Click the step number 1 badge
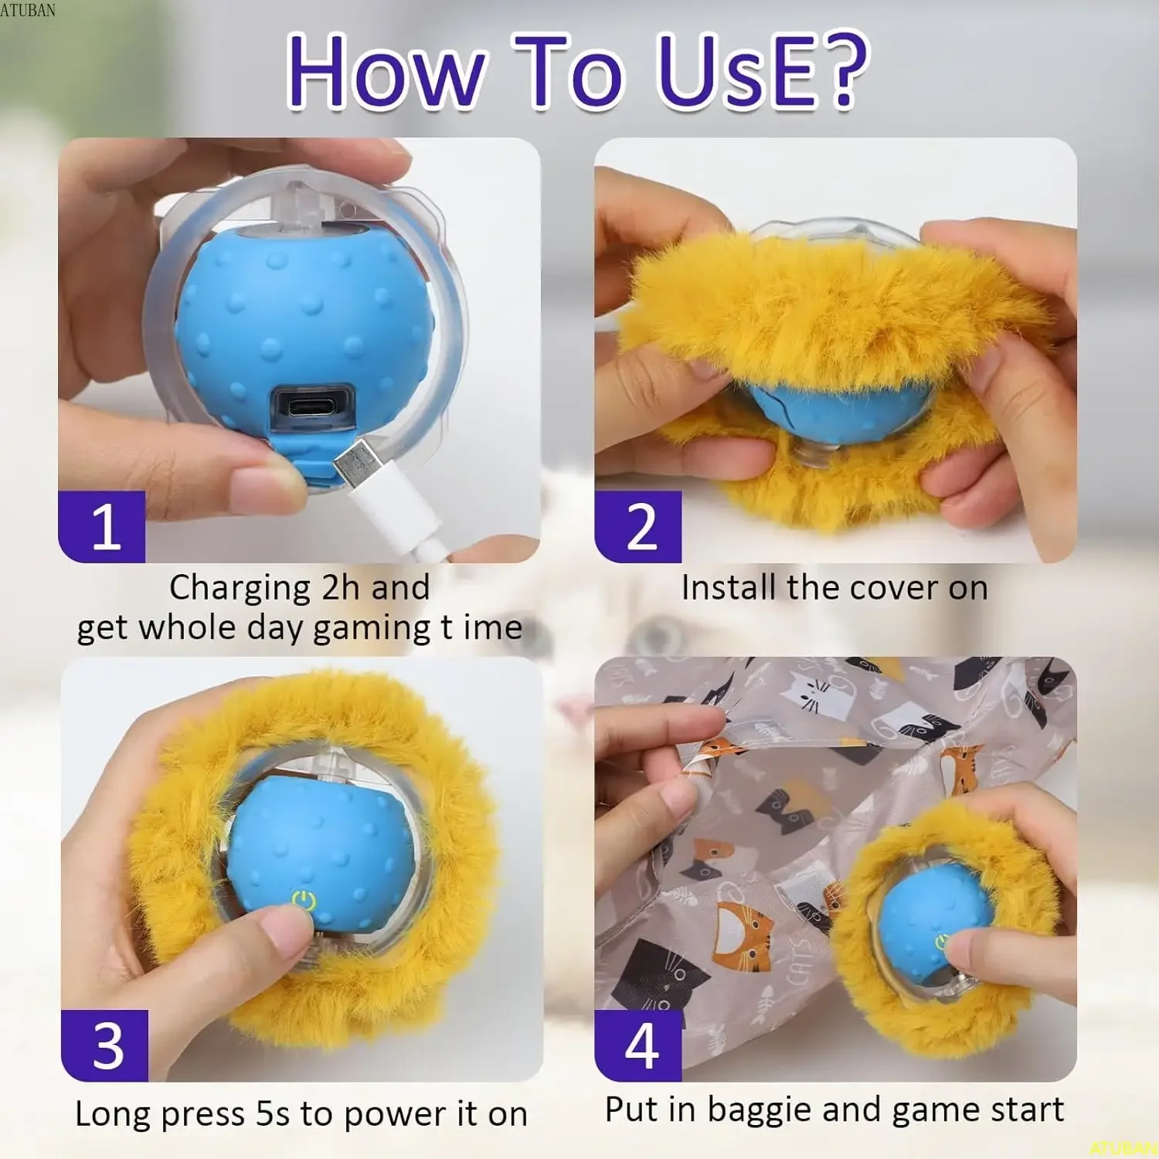[x=102, y=527]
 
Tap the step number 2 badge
[x=638, y=527]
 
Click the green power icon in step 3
[x=304, y=900]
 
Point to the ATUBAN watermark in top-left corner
[x=28, y=9]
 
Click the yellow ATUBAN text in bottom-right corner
[x=1124, y=1149]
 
